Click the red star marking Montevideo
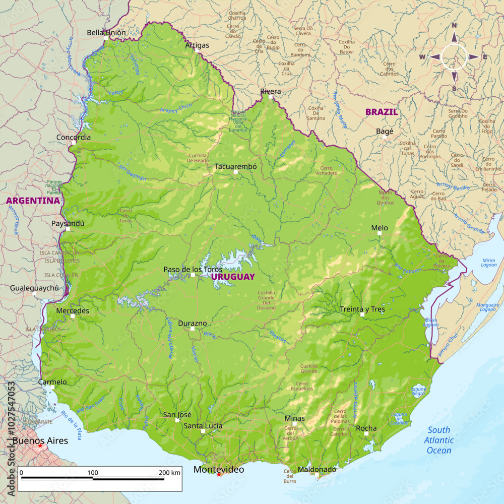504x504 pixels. coord(219,474)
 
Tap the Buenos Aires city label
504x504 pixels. coord(40,440)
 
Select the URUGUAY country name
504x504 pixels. coord(233,277)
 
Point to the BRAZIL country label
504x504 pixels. coord(382,112)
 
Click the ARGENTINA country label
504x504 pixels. coord(33,201)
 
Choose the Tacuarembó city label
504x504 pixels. coord(236,166)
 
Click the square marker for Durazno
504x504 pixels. coord(192,329)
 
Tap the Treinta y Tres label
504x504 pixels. coord(362,309)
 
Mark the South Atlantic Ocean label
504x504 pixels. coord(439,440)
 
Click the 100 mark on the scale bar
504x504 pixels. coord(93,473)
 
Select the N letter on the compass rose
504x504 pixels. coord(454,26)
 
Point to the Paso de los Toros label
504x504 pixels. coord(193,269)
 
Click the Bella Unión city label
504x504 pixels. coord(106,33)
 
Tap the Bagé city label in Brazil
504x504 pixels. coord(385,131)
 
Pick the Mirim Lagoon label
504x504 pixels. coord(488,263)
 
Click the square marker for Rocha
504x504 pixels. coord(366,433)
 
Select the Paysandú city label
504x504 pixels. coord(68,223)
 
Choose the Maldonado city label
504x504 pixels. coord(317,469)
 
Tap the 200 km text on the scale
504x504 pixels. coord(169,473)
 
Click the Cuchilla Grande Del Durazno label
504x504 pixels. coord(266,300)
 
